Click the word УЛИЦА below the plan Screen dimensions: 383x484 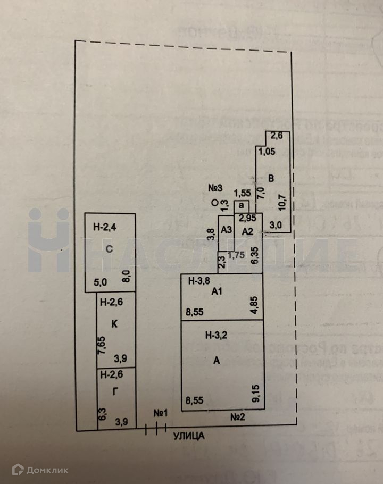tap(188, 436)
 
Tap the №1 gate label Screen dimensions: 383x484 tap(161, 413)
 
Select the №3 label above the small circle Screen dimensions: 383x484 tap(215, 189)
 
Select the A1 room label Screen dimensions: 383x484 tap(216, 291)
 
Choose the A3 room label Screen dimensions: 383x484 tap(226, 230)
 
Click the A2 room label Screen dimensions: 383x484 tap(247, 231)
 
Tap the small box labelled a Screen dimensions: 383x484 tap(242, 206)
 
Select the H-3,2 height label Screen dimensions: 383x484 tap(216, 335)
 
